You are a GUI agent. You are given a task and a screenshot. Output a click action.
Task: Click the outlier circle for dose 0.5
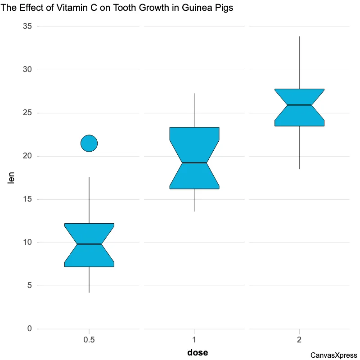[89, 143]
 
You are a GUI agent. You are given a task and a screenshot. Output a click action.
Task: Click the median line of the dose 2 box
[299, 105]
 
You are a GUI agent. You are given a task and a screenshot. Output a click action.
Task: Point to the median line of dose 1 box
[194, 162]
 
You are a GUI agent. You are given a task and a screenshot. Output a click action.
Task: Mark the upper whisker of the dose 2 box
[299, 63]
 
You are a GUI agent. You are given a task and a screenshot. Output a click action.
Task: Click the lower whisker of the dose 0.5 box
[89, 279]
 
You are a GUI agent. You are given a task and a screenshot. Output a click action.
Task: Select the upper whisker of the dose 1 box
[194, 110]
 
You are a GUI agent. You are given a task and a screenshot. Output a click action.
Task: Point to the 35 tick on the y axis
[27, 27]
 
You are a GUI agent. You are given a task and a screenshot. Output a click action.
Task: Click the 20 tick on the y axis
[27, 156]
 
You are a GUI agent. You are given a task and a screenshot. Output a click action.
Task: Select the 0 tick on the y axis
[29, 329]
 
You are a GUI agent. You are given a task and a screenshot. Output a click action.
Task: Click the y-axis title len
[12, 178]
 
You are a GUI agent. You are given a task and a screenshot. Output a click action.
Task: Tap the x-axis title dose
[198, 352]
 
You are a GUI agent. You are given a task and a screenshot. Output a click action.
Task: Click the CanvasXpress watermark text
[333, 355]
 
